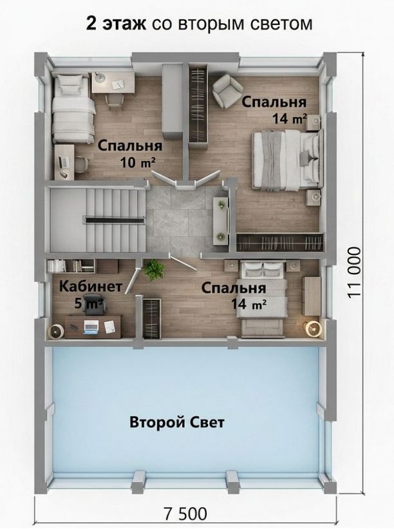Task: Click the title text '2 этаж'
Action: pyautogui.click(x=116, y=24)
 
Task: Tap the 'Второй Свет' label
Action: pyautogui.click(x=177, y=422)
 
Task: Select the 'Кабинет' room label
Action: pyautogui.click(x=91, y=286)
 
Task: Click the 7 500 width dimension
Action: pyautogui.click(x=185, y=514)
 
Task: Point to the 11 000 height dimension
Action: pyautogui.click(x=354, y=273)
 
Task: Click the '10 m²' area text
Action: pyautogui.click(x=138, y=163)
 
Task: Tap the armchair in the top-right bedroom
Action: pyautogui.click(x=227, y=89)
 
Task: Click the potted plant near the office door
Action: pyautogui.click(x=154, y=270)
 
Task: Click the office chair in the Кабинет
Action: pyautogui.click(x=94, y=303)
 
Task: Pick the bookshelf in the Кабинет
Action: pyautogui.click(x=71, y=266)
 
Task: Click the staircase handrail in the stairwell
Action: pyautogui.click(x=115, y=221)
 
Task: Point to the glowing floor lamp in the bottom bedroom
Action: pyautogui.click(x=314, y=328)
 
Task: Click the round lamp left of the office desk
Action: pyautogui.click(x=56, y=331)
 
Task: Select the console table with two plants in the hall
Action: pyautogui.click(x=221, y=220)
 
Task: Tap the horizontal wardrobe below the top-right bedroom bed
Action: pyautogui.click(x=279, y=242)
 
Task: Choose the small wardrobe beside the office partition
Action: pyautogui.click(x=152, y=318)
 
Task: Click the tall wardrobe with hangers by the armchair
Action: pyautogui.click(x=198, y=106)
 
